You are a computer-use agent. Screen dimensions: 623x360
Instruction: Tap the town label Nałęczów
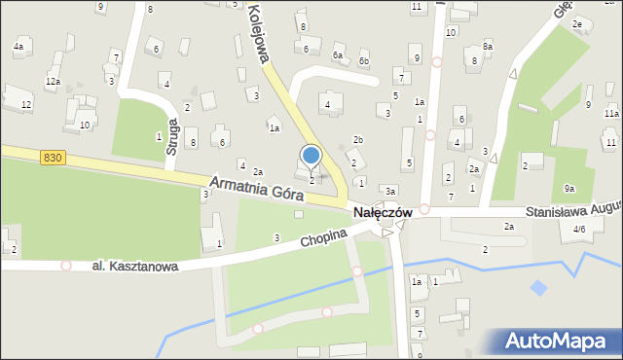pyautogui.click(x=382, y=211)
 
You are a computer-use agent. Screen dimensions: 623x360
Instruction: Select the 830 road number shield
pyautogui.click(x=53, y=156)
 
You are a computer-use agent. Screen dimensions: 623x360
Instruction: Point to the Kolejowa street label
pyautogui.click(x=255, y=33)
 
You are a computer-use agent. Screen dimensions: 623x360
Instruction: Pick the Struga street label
pyautogui.click(x=173, y=137)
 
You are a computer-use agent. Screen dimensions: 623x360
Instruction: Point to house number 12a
pyautogui.click(x=53, y=82)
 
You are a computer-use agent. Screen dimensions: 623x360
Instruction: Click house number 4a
pyautogui.click(x=18, y=46)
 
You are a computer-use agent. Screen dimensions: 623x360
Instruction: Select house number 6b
pyautogui.click(x=363, y=61)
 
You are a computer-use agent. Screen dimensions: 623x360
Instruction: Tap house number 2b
pyautogui.click(x=358, y=140)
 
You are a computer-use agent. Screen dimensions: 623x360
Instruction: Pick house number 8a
pyautogui.click(x=488, y=46)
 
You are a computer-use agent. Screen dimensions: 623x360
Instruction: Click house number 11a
pyautogui.click(x=610, y=114)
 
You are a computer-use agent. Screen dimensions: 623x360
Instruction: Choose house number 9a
pyautogui.click(x=569, y=189)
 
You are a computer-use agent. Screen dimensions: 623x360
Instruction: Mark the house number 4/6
pyautogui.click(x=580, y=229)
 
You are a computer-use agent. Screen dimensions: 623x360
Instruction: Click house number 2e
pyautogui.click(x=577, y=23)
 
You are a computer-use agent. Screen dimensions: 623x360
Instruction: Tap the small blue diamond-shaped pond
pyautogui.click(x=538, y=288)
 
